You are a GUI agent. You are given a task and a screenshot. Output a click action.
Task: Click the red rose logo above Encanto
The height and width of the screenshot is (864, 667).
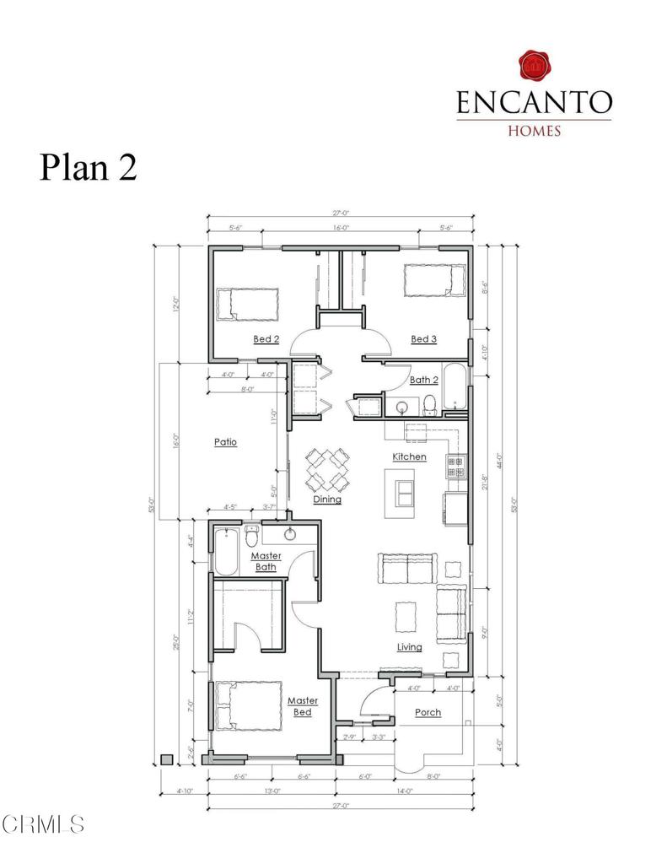pos(533,66)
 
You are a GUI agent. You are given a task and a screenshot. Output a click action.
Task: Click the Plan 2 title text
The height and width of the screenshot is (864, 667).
pos(88,167)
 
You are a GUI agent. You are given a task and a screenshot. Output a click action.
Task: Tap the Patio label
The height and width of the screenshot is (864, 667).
pos(225,441)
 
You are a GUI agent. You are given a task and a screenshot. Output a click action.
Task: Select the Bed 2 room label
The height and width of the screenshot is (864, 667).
pos(266,339)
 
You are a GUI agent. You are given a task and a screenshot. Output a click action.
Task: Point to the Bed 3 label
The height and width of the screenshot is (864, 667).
pos(423,339)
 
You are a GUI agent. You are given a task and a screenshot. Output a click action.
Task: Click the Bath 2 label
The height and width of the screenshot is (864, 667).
pos(423,380)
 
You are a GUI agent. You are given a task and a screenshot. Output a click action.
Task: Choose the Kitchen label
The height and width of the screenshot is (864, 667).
pos(409,456)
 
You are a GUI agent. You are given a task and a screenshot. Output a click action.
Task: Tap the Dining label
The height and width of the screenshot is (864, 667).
pos(327,499)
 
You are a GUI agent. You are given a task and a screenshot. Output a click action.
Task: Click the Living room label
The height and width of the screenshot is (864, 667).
pos(410,647)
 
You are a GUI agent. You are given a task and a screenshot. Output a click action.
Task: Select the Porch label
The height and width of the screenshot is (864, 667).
pos(428,712)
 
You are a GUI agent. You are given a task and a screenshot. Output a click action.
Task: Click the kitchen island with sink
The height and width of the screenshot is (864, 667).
pos(401,492)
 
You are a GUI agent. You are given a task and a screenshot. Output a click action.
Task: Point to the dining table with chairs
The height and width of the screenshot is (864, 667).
pos(327,469)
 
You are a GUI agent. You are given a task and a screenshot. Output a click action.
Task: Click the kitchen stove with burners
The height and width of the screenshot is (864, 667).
pos(455,467)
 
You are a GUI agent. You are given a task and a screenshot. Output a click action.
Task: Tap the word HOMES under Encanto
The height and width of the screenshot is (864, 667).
pos(533,131)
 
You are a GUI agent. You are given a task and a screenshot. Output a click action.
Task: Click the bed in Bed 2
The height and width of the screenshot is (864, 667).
pos(246,304)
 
